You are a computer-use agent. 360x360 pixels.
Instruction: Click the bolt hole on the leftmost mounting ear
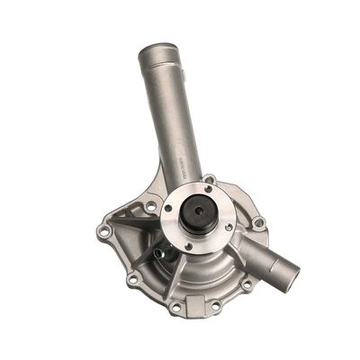coord(105,232)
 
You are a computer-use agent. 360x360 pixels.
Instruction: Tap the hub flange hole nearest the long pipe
coord(208,188)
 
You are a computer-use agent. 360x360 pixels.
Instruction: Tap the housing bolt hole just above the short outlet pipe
coord(257,221)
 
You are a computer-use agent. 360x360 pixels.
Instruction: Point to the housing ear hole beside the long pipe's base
coord(209,179)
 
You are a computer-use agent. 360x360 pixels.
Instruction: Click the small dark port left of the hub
coord(158,253)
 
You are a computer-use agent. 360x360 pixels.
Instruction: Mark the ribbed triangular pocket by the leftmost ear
coord(126,220)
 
